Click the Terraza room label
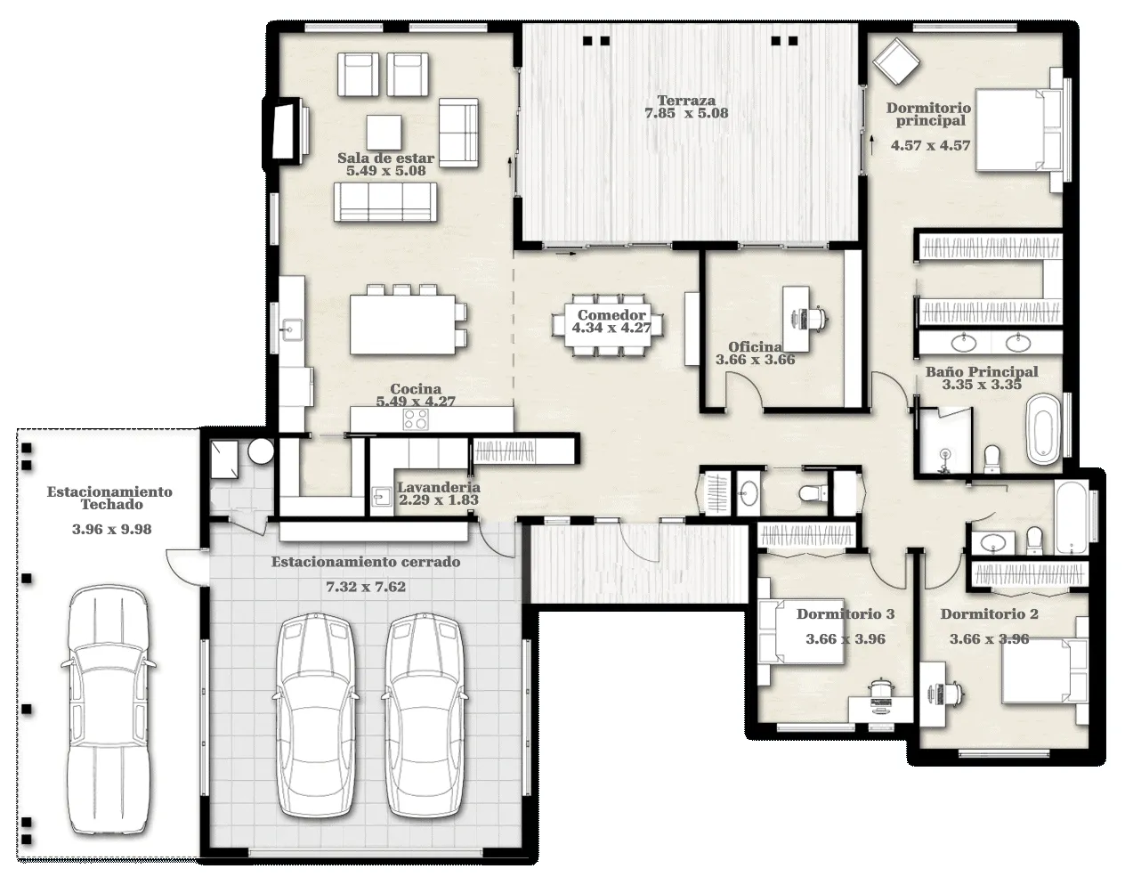tap(686, 100)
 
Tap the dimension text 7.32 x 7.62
tap(366, 587)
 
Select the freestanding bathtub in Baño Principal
tap(1043, 429)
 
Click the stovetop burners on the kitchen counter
tap(416, 418)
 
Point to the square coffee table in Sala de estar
tap(384, 132)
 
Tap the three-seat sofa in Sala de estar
tap(385, 202)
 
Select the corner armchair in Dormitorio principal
tap(896, 61)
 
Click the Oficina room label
tap(755, 347)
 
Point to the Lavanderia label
tap(439, 487)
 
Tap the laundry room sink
tap(381, 496)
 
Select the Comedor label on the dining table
tap(611, 315)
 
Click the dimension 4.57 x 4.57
tap(930, 145)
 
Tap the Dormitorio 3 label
tap(846, 614)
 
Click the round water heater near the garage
tap(261, 451)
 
